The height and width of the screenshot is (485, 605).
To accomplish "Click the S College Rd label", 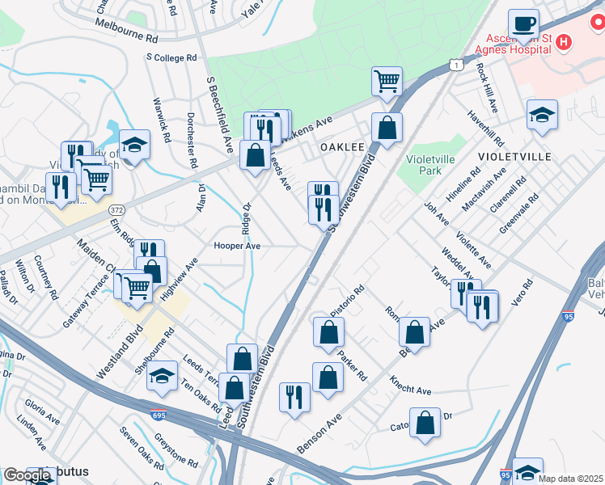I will (171, 58).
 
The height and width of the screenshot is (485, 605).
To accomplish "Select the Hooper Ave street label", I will (236, 245).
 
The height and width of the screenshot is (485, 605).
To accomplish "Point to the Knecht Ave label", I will (410, 386).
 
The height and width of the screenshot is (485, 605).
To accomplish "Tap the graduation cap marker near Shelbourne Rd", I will (163, 377).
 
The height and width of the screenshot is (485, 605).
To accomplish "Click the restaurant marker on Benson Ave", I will (294, 397).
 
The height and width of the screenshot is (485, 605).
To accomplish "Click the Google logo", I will (27, 475).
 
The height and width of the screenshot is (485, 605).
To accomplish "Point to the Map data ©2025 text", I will (570, 479).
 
